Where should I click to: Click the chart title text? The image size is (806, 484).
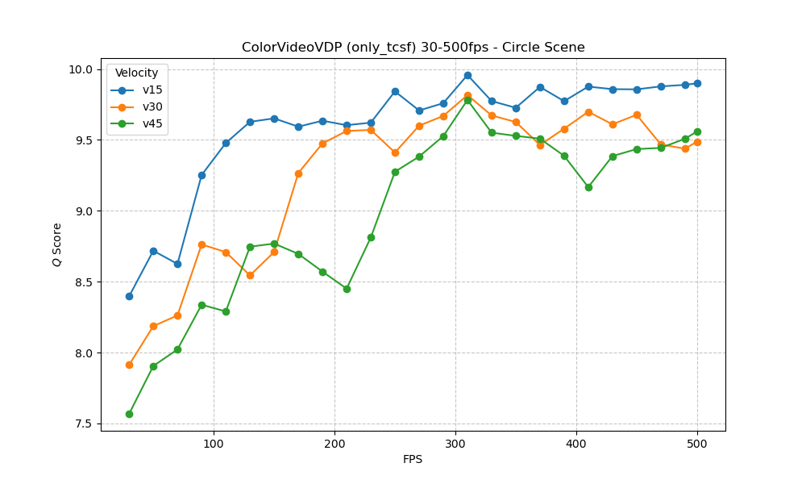pos(413,47)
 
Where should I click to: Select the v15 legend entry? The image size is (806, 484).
pos(152,90)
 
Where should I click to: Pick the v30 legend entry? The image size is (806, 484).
pos(152,106)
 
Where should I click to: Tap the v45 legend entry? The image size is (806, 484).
pos(152,123)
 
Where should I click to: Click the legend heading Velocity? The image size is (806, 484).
pos(137,73)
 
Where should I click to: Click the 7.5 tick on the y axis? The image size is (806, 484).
pos(84,424)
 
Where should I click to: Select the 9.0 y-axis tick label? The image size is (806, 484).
pos(84,211)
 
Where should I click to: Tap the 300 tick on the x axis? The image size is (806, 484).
pos(455,443)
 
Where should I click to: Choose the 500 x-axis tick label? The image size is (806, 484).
pos(697,443)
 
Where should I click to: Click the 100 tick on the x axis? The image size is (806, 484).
pos(214,443)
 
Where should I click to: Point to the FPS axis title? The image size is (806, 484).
pos(413,459)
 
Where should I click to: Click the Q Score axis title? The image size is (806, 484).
pos(56,244)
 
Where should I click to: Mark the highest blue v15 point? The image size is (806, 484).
pos(467,75)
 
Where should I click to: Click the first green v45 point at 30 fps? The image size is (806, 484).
pos(129,414)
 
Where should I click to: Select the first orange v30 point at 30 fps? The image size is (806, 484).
pos(129,365)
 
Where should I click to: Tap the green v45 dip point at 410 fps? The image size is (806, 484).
pos(588,187)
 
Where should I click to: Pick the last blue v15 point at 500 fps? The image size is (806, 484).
pos(697,83)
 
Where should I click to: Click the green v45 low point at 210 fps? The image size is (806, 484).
pos(347,289)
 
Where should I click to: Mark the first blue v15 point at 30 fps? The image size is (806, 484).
pos(129,296)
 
